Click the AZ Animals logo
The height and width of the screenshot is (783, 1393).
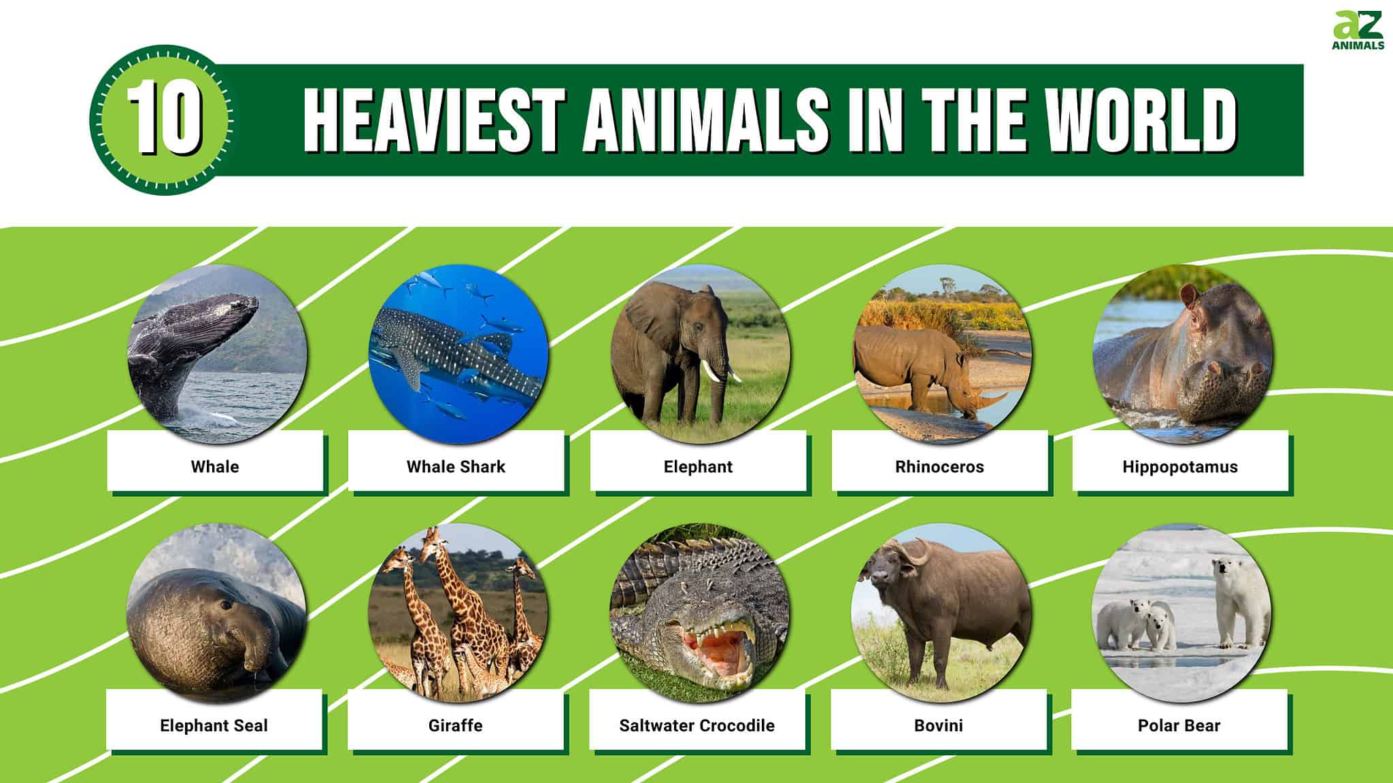(1358, 31)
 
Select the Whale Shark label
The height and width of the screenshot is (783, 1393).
(456, 467)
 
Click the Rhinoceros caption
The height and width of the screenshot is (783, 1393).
(939, 467)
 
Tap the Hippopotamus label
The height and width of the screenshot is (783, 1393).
(1180, 467)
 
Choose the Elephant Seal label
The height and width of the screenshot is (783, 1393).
(214, 726)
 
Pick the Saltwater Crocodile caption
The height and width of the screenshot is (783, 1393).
(696, 726)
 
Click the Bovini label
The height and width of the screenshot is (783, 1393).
(939, 726)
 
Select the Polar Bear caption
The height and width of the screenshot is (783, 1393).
(1179, 726)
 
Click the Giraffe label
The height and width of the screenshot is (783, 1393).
(455, 726)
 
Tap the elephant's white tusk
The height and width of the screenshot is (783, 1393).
(711, 371)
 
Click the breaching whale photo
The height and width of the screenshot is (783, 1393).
(217, 354)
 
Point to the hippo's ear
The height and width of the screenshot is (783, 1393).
(1188, 294)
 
